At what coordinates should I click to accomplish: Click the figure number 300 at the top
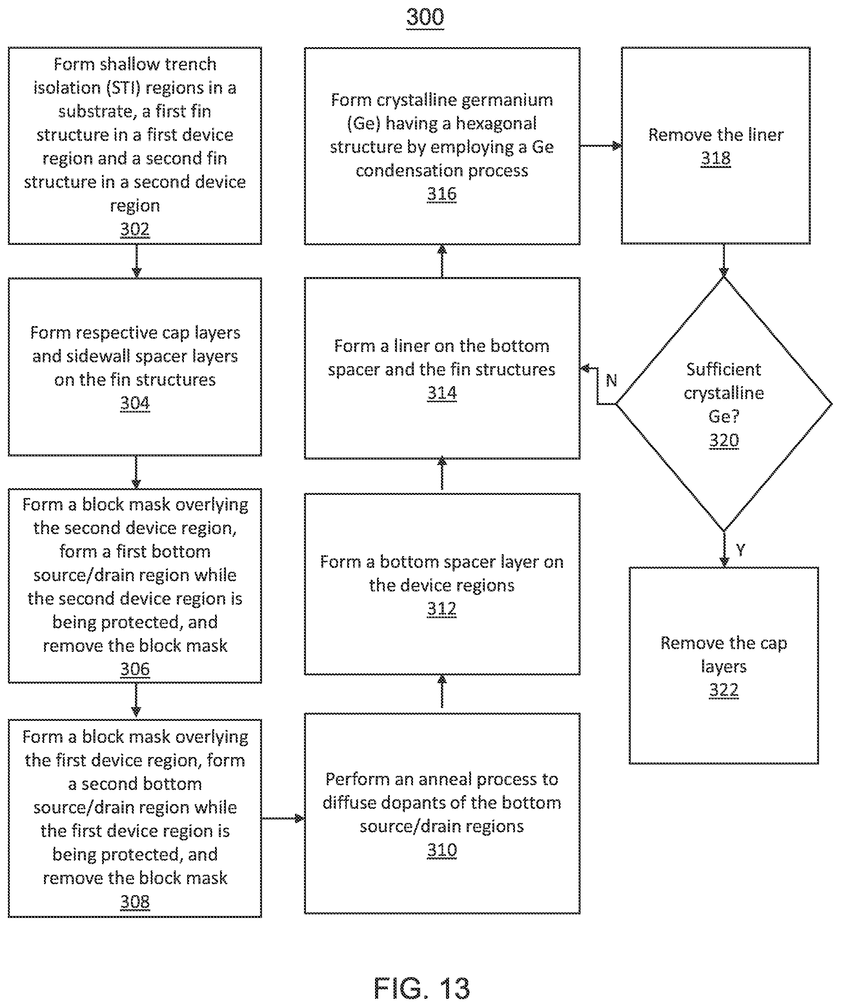point(425,17)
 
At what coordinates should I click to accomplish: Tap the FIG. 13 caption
point(422,988)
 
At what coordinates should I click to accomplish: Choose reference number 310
point(442,850)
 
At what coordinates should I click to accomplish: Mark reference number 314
point(442,393)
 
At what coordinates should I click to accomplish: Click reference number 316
point(442,194)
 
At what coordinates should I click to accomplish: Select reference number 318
point(715,158)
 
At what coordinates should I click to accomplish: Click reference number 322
point(724,690)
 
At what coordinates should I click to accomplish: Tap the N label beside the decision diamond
point(611,380)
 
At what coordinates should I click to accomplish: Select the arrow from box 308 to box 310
point(283,818)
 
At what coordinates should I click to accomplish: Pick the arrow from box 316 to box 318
point(601,146)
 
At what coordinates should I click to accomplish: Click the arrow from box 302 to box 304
point(137,261)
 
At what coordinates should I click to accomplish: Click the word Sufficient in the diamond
point(724,369)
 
